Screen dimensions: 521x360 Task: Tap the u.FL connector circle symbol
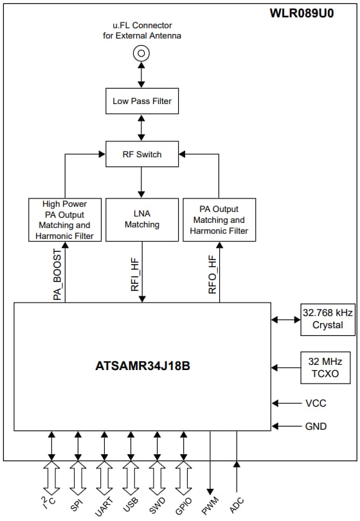point(141,53)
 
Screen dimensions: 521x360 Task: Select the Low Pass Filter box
point(141,101)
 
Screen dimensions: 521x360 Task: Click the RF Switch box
point(141,154)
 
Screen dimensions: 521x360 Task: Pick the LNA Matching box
point(141,220)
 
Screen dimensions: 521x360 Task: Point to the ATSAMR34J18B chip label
point(142,366)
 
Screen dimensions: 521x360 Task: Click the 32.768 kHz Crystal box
point(327,319)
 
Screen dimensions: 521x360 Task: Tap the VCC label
point(316,403)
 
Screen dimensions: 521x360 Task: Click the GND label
point(316,426)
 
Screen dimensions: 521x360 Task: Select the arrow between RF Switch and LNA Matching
point(141,183)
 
